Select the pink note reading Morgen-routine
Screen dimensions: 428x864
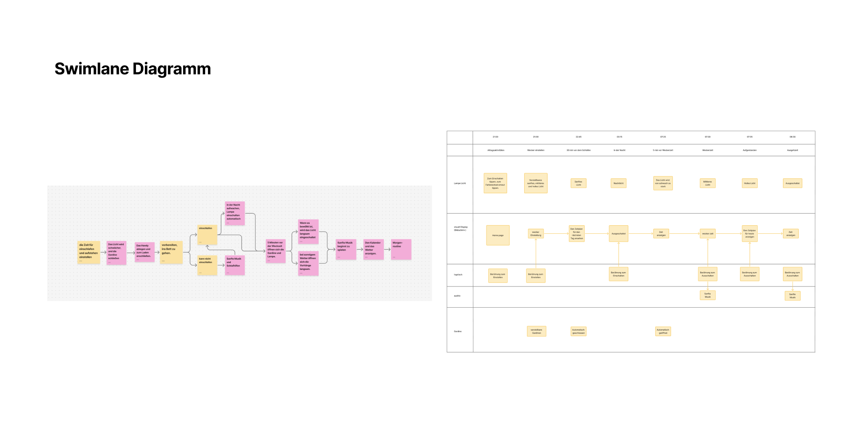[401, 249]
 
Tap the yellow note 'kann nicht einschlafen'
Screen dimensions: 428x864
[207, 265]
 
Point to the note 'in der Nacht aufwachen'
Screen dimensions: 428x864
[234, 213]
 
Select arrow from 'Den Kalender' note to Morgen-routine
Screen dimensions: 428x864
[387, 249]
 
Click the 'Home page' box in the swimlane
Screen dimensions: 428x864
[498, 235]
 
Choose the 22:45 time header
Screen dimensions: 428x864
[578, 137]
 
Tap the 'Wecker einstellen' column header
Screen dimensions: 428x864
[535, 150]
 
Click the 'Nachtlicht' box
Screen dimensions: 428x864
[618, 183]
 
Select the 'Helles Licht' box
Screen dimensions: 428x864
[749, 183]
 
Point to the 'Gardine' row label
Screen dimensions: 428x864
[458, 331]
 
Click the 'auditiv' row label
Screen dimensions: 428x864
[457, 296]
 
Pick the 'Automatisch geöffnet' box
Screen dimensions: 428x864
[663, 332]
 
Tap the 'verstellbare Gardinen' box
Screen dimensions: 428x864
[536, 332]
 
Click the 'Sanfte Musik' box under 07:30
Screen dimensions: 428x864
[707, 296]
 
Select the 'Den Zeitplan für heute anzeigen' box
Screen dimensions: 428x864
[749, 234]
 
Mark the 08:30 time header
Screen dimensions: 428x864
[792, 137]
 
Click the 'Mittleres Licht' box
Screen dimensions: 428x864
[707, 183]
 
